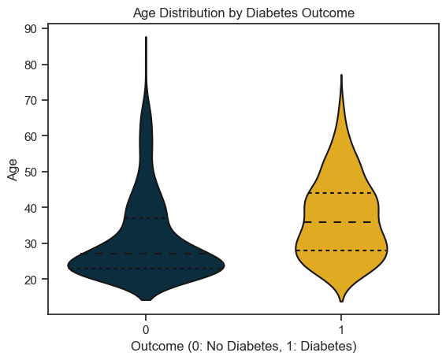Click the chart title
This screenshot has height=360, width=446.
point(243,13)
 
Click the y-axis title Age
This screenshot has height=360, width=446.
point(13,170)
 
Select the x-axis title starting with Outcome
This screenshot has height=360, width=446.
point(243,347)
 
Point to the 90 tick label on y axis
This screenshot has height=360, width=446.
point(32,28)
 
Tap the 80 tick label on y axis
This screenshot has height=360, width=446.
point(32,65)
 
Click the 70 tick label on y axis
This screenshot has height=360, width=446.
point(32,100)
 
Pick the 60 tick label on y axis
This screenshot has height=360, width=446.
point(32,135)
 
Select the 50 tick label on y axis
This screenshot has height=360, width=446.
point(32,172)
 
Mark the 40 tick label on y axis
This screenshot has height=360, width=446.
point(32,207)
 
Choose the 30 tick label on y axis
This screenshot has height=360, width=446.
point(32,243)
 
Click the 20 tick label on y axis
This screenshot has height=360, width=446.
point(32,279)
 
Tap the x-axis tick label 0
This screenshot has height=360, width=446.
point(146,330)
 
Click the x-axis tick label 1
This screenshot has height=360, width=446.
point(341,330)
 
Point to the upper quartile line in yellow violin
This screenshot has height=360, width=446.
point(341,193)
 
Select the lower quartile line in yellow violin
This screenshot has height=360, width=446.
point(341,251)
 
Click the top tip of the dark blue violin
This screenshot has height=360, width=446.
point(147,37)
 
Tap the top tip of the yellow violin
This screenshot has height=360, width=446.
point(341,75)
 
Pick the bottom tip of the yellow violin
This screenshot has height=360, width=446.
point(341,302)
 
